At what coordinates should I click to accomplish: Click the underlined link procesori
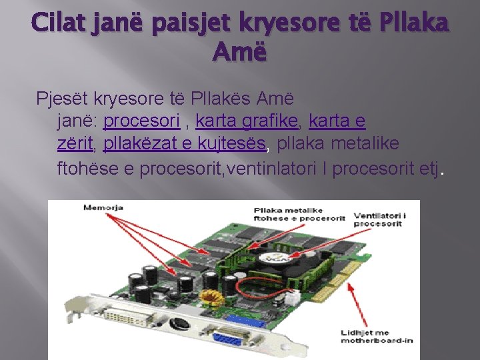(x=142, y=121)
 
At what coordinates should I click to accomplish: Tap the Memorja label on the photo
(x=103, y=208)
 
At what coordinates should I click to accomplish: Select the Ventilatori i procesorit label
(x=379, y=220)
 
